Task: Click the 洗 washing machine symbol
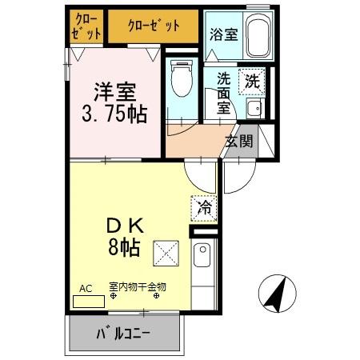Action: pyautogui.click(x=253, y=80)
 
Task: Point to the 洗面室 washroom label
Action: pyautogui.click(x=225, y=94)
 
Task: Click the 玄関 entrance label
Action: pyautogui.click(x=238, y=142)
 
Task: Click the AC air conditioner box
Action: pyautogui.click(x=88, y=302)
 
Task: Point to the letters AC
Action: pyautogui.click(x=85, y=289)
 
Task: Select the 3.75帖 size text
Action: pyautogui.click(x=114, y=113)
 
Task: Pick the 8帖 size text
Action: pyautogui.click(x=125, y=246)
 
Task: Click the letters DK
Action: pyautogui.click(x=125, y=224)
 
